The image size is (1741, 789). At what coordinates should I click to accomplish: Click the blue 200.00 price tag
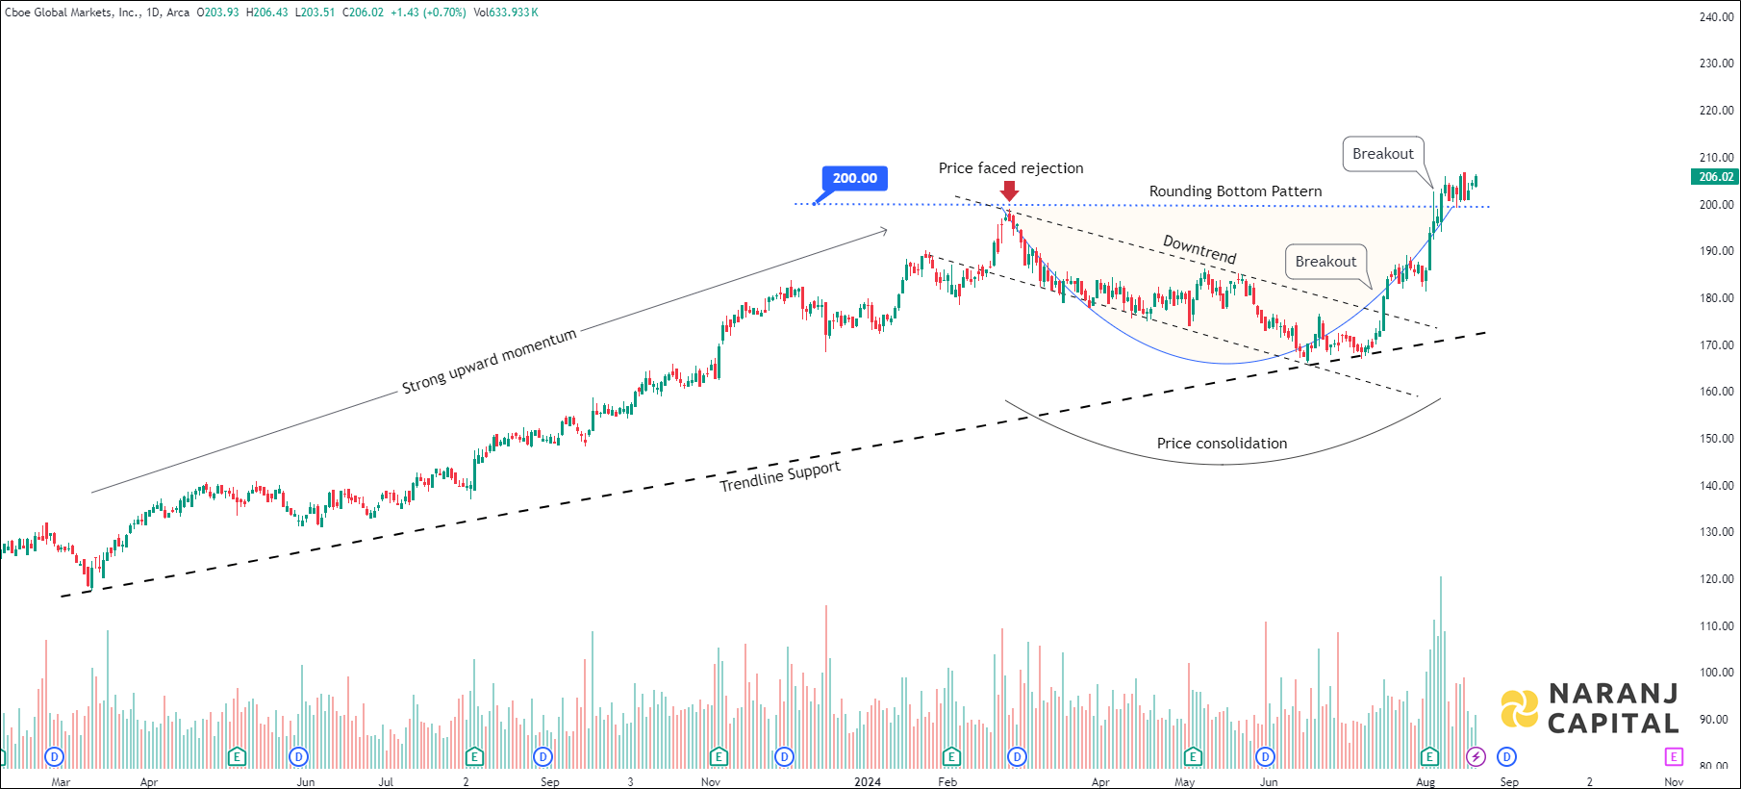pos(854,178)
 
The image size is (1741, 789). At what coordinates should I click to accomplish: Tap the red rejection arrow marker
pos(1009,191)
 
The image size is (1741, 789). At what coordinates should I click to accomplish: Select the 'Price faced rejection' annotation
pos(1010,168)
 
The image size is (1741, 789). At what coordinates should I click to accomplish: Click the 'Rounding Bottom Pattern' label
pos(1235,191)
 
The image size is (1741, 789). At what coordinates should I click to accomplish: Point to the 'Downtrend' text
pos(1199,249)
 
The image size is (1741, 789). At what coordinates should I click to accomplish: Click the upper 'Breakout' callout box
pos(1382,154)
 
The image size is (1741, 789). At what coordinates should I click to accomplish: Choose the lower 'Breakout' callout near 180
pos(1325,262)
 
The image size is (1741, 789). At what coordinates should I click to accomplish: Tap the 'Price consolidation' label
pos(1222,444)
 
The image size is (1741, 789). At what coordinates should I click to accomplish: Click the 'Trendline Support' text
pos(780,476)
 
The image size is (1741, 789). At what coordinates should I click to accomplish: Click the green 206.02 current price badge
pos(1715,177)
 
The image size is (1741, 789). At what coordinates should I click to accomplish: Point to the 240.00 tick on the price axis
pos(1716,17)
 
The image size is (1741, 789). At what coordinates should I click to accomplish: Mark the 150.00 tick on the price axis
pos(1716,439)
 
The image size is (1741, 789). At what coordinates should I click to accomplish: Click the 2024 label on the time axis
pos(868,782)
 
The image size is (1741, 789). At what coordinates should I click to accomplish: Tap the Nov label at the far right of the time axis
pos(1674,782)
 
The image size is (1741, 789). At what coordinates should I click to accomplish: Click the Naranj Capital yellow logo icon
pos(1520,709)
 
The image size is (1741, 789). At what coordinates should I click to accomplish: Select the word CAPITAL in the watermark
pos(1612,724)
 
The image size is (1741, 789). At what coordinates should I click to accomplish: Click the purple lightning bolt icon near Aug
pos(1476,757)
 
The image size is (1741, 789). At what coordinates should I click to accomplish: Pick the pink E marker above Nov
pos(1674,757)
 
